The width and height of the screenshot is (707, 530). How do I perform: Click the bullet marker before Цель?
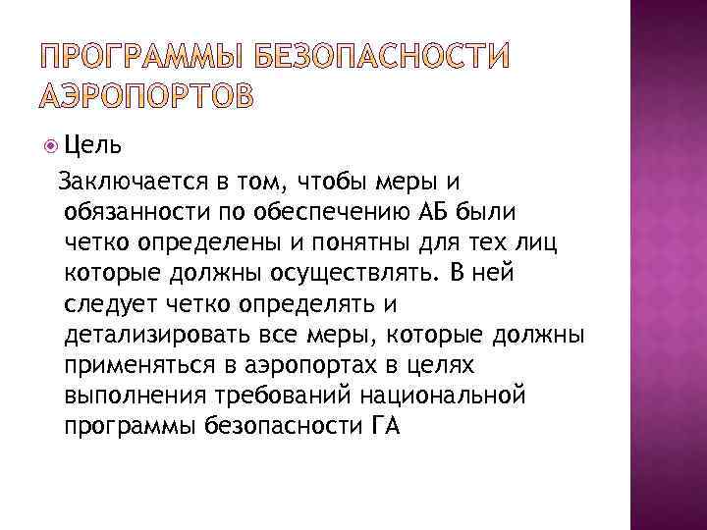click(50, 147)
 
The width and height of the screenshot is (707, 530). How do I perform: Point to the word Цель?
click(93, 147)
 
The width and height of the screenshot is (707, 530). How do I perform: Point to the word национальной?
click(444, 396)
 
